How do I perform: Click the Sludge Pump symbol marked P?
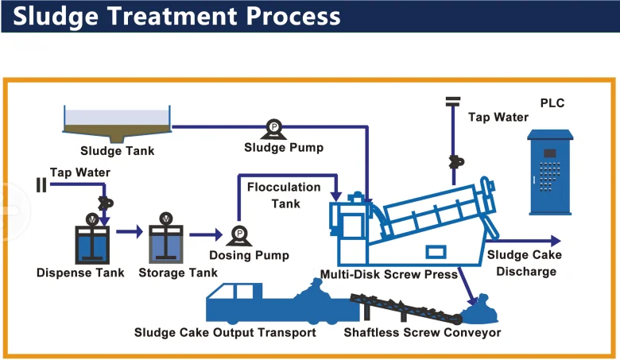point(273,129)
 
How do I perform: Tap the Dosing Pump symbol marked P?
point(238,235)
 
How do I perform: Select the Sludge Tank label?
point(118,150)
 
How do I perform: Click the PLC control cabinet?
point(550,172)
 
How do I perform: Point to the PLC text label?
point(552,103)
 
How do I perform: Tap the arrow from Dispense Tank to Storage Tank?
point(130,231)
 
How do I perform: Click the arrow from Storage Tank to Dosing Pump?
point(206,234)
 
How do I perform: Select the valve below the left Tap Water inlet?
point(105,203)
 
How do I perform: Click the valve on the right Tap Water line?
point(456,161)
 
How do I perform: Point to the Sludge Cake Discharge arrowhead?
point(556,241)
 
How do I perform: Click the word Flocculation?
point(284,187)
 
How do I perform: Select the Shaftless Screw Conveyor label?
point(422,332)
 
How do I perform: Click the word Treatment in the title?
point(172,16)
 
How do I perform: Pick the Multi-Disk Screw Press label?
point(389,274)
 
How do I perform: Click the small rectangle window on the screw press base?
point(436,252)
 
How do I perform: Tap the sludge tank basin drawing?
point(117,124)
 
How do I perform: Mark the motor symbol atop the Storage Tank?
point(166,218)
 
